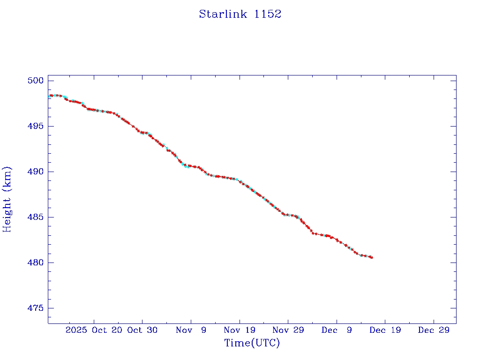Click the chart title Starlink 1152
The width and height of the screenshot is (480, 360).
pos(240,14)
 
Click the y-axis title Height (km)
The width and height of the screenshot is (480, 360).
pos(7,199)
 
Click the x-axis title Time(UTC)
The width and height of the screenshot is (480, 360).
pos(252,343)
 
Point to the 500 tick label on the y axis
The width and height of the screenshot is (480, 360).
pos(35,81)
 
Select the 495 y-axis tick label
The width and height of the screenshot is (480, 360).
pos(35,126)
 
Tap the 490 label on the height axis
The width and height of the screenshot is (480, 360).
pos(35,172)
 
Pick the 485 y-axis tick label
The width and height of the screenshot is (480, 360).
pos(35,217)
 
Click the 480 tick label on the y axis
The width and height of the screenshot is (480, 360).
pos(35,262)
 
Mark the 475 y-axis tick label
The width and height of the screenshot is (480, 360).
pos(35,308)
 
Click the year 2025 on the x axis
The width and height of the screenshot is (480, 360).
pos(76,330)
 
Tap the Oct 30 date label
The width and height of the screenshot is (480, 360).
pos(142,330)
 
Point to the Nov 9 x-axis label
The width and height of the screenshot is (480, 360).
pos(191,330)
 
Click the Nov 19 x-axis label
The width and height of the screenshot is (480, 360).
pos(240,330)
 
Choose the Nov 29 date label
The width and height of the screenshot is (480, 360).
pos(288,330)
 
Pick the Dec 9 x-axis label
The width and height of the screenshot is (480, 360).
pos(337,330)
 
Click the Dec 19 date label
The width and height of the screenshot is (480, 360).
pos(385,330)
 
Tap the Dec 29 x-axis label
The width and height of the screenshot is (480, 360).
pos(434,330)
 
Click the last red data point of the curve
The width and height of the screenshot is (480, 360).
pos(372,257)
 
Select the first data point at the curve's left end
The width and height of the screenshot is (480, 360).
pos(50,96)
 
